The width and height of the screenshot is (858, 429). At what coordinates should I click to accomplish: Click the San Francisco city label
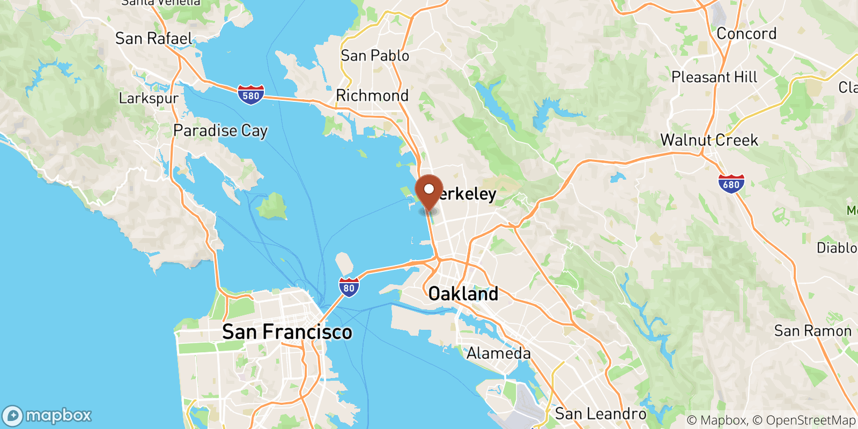pos(287,332)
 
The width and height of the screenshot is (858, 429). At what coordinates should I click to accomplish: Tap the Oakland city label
pos(463,294)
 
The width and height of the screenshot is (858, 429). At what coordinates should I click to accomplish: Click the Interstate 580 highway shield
pos(250,95)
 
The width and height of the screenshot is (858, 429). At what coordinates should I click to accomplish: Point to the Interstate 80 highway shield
pos(349,287)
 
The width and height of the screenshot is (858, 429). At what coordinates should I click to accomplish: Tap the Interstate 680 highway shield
pos(731,184)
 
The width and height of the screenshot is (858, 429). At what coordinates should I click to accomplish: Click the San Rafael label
pos(153,39)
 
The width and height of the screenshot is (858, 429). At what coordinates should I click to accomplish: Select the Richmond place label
pos(372,95)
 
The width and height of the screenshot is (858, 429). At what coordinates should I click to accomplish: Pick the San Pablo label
pos(375,55)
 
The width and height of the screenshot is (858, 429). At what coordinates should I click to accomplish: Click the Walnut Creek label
pos(709,140)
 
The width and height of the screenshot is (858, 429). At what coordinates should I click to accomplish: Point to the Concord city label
pos(746,33)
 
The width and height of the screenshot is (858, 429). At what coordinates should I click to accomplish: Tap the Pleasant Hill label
pos(714,77)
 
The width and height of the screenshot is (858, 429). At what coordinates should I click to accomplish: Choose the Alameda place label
pos(498,353)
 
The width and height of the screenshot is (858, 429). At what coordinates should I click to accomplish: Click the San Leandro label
pos(601,413)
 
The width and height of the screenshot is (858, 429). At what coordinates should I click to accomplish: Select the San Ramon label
pos(812,331)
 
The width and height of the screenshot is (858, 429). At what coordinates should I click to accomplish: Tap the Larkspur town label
pos(149,98)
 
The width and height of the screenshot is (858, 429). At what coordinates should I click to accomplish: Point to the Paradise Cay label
pos(220,130)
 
